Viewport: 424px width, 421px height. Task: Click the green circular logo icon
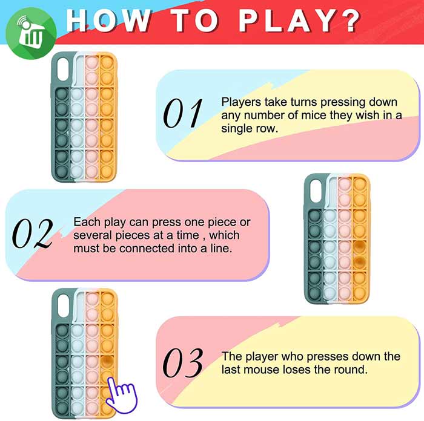point(31,33)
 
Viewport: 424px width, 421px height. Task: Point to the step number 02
point(33,233)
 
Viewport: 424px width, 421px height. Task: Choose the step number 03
point(183,363)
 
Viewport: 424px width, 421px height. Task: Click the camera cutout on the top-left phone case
point(63,69)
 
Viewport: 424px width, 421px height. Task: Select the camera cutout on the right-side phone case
point(316,192)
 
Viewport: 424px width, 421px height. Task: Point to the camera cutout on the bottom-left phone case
point(64,305)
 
